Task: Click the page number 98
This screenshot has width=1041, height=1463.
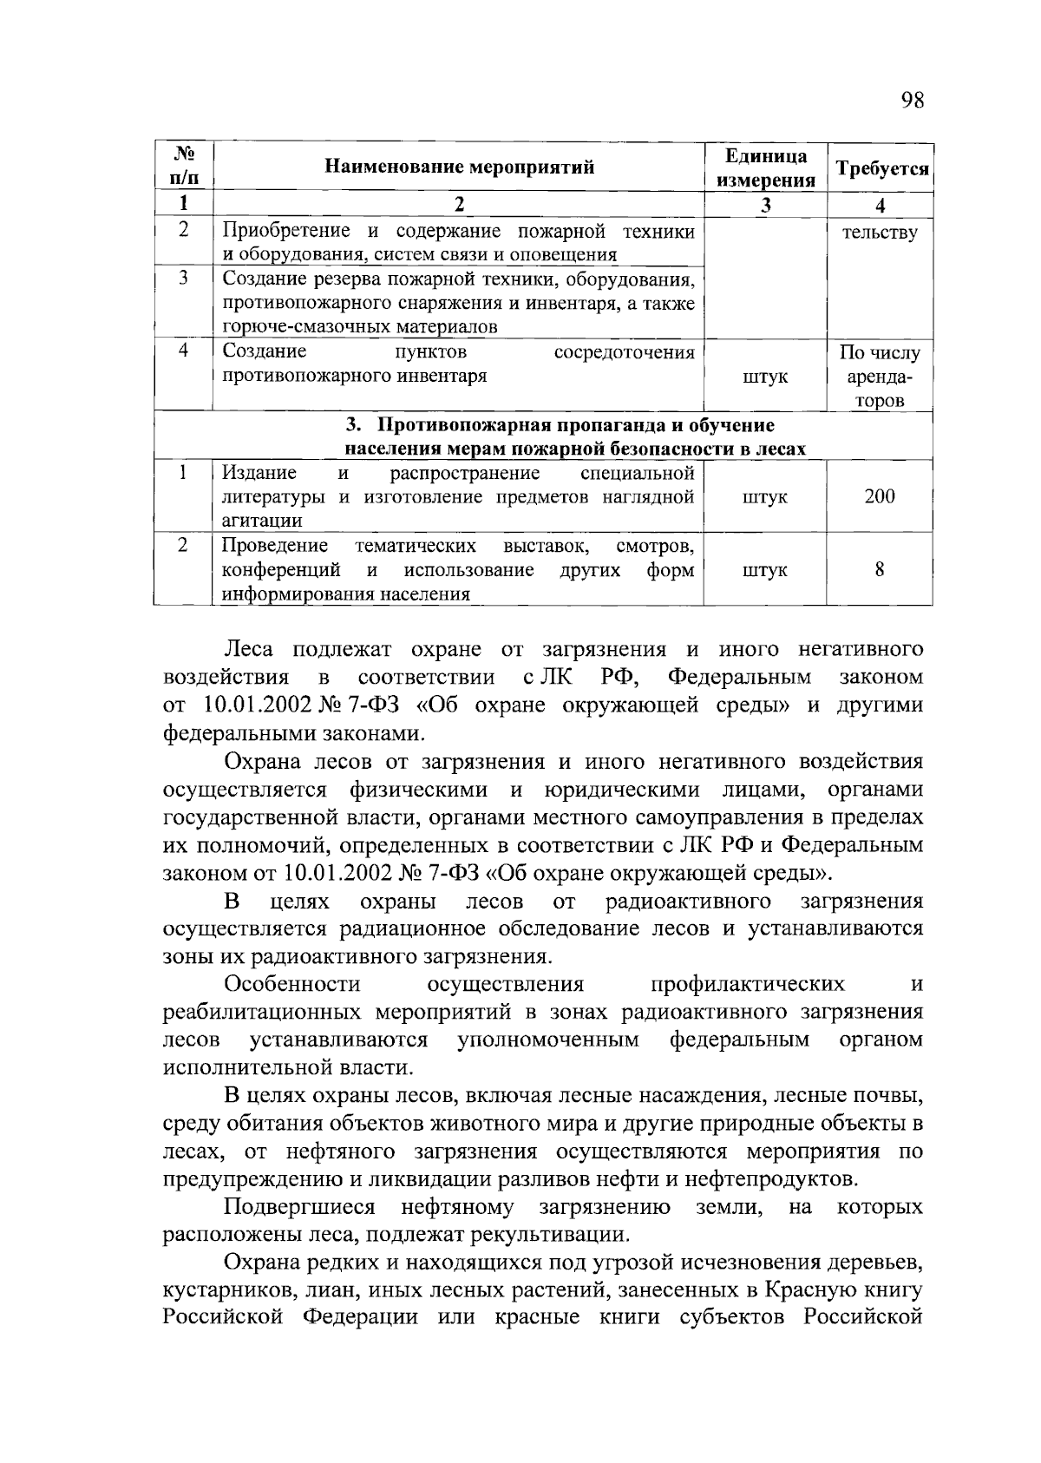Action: pyautogui.click(x=912, y=101)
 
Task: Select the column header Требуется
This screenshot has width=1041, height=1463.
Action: pyautogui.click(x=881, y=168)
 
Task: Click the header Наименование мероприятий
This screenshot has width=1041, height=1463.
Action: pyautogui.click(x=459, y=167)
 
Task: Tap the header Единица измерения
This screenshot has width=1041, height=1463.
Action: pyautogui.click(x=765, y=167)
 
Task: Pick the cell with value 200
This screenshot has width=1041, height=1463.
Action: pyautogui.click(x=880, y=497)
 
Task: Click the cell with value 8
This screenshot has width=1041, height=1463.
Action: pyautogui.click(x=880, y=570)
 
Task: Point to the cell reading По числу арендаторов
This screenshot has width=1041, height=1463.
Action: pyautogui.click(x=880, y=377)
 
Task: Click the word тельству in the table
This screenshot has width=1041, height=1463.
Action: pyautogui.click(x=880, y=233)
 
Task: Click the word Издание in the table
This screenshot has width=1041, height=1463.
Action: pyautogui.click(x=259, y=473)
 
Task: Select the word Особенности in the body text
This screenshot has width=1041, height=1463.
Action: pyautogui.click(x=291, y=985)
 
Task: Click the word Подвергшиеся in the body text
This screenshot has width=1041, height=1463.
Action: pyautogui.click(x=299, y=1208)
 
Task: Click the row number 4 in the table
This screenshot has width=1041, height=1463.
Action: pyautogui.click(x=184, y=351)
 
